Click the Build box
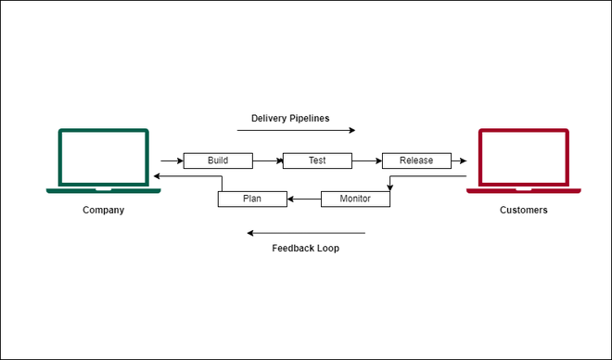pos(218,161)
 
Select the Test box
pos(317,161)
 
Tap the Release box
pos(416,161)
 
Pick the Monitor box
pos(354,199)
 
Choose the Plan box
pos(252,199)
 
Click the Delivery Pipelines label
pos(290,118)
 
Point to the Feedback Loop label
pos(305,249)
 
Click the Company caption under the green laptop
pos(103,210)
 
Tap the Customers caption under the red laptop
pos(523,210)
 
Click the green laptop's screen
pos(103,159)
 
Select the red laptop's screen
pos(523,159)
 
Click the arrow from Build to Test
pos(267,161)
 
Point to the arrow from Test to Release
pos(367,161)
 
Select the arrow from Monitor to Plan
pos(303,199)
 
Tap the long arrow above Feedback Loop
pos(306,233)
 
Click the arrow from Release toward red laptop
pos(458,161)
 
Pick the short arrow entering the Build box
pos(172,161)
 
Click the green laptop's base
pos(103,190)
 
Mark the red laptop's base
pos(523,190)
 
